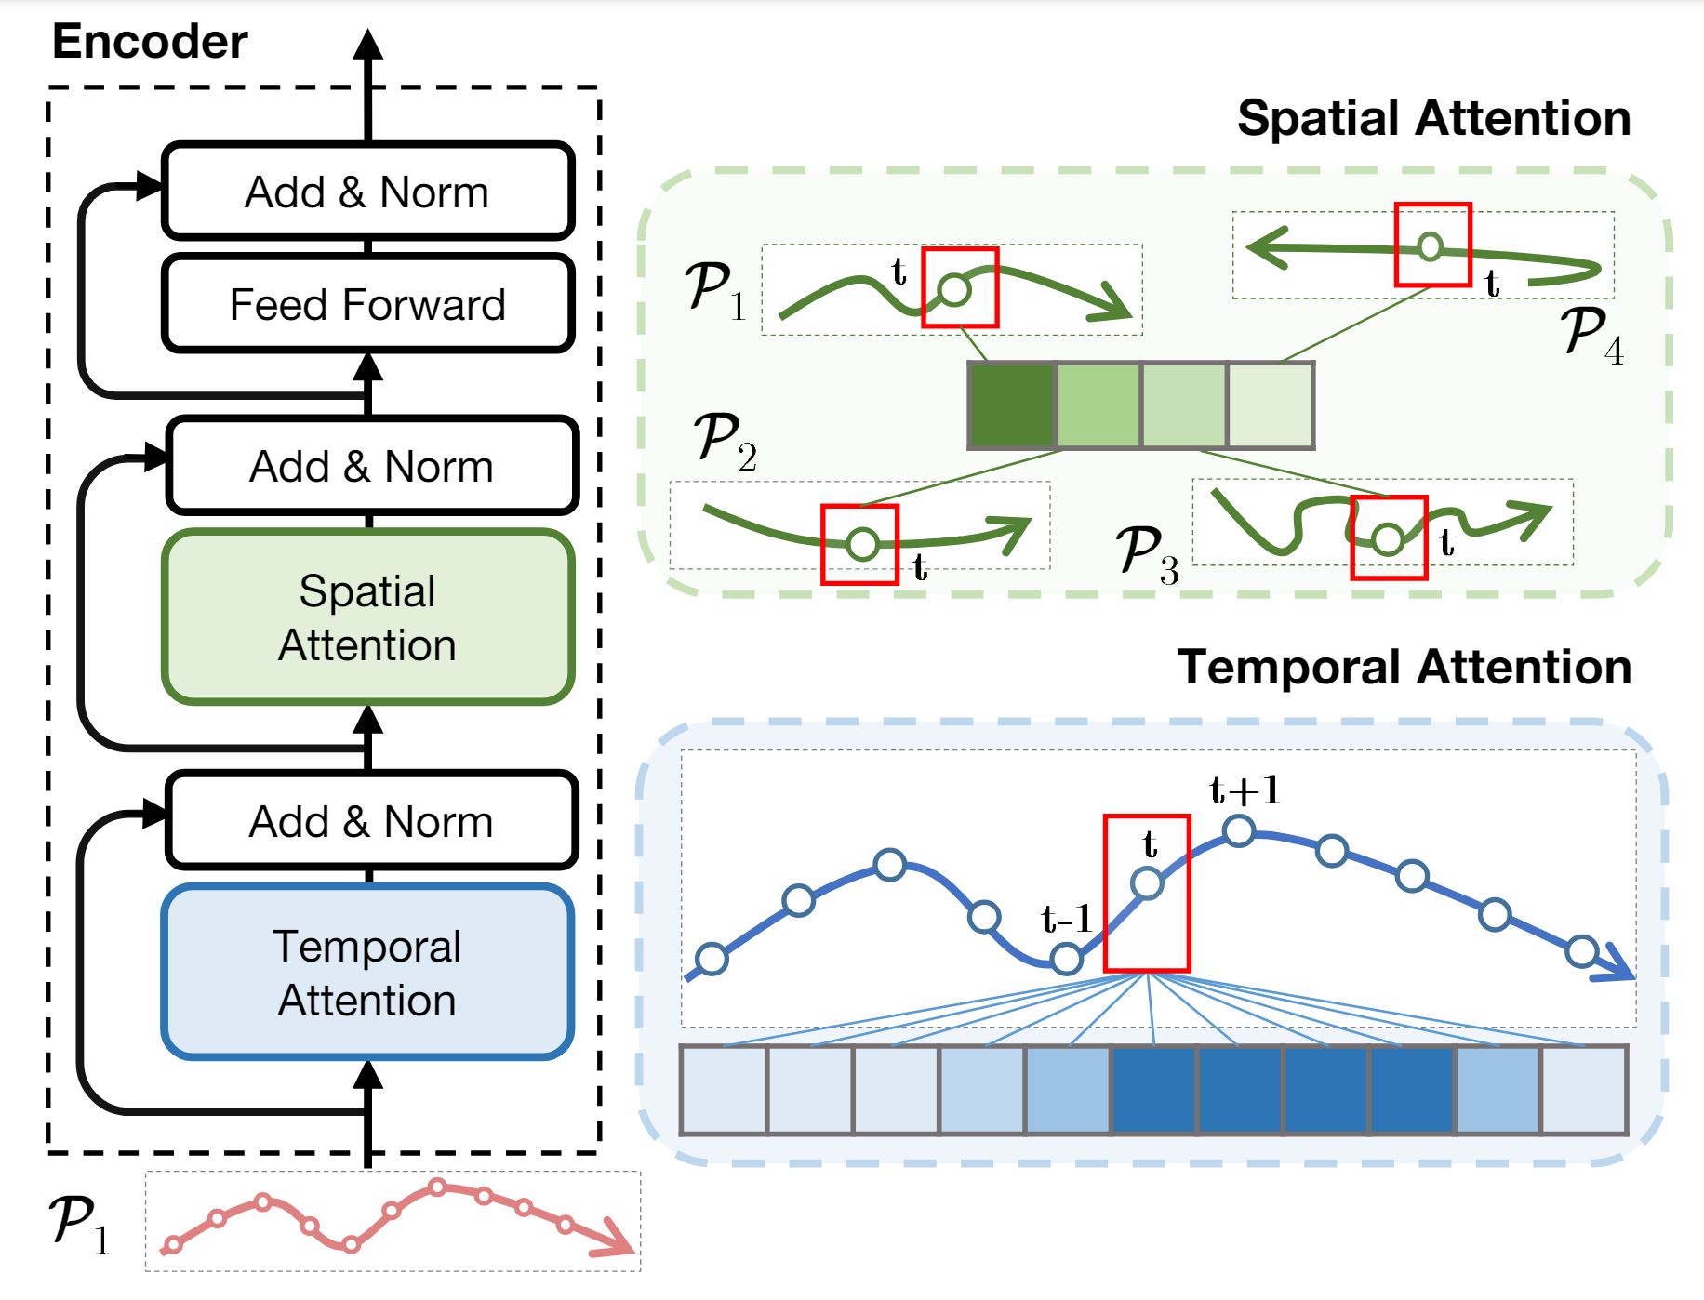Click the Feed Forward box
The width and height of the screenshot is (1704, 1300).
(367, 304)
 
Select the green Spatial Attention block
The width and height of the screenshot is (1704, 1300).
(367, 617)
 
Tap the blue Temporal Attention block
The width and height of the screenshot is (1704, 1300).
(367, 973)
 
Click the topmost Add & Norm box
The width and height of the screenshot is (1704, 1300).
(367, 192)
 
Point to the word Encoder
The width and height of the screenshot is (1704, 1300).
(150, 42)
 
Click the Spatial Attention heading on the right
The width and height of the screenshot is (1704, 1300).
(1433, 119)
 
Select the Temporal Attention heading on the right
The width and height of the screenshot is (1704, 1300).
(1404, 668)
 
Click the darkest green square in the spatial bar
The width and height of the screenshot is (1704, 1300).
(1012, 405)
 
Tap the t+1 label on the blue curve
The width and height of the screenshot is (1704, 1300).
(1245, 790)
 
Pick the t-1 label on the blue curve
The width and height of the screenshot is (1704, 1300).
(1066, 919)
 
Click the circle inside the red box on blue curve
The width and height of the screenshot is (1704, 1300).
(1147, 883)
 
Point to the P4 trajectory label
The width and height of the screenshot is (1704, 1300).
(1591, 335)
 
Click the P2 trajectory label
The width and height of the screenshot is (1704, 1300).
(725, 441)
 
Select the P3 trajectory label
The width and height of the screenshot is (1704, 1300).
(1147, 554)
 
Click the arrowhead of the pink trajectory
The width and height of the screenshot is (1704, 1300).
(616, 1240)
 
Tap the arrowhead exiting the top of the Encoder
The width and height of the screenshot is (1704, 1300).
(368, 45)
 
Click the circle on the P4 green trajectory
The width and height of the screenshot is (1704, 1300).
(1431, 246)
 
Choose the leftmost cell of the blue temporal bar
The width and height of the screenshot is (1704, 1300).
(724, 1090)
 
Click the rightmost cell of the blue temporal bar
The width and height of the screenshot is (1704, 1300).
(1584, 1090)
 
